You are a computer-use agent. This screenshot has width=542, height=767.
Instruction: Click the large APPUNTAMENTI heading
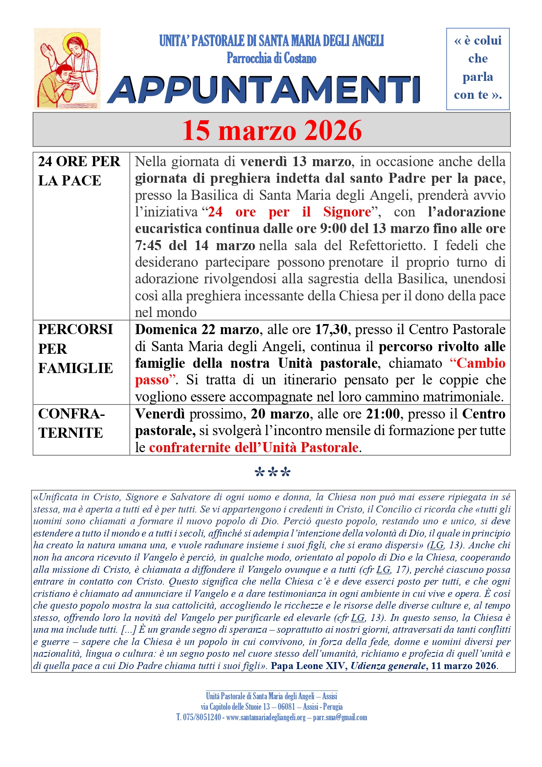pyautogui.click(x=265, y=90)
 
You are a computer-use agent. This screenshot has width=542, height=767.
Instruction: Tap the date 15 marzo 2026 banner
pyautogui.click(x=272, y=130)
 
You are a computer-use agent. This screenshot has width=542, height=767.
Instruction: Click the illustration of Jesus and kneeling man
pyautogui.click(x=67, y=69)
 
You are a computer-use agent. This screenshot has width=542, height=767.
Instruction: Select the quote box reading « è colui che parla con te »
pyautogui.click(x=477, y=68)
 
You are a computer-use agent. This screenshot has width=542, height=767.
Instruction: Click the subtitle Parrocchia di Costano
pyautogui.click(x=271, y=58)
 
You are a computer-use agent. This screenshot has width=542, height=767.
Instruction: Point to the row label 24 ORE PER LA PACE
pyautogui.click(x=79, y=171)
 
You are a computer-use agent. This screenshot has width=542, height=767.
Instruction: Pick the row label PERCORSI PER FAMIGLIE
pyautogui.click(x=76, y=349)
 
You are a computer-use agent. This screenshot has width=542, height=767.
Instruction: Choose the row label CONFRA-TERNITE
pyautogui.click(x=71, y=423)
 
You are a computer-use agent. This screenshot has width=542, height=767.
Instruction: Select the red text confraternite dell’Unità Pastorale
pyautogui.click(x=254, y=447)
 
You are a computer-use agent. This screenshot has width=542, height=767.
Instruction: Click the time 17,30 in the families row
pyautogui.click(x=331, y=329)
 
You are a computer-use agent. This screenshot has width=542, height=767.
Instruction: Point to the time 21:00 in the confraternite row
pyautogui.click(x=383, y=414)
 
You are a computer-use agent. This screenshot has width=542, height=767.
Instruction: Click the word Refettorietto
pyautogui.click(x=386, y=245)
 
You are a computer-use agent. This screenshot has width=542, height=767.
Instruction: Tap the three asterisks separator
pyautogui.click(x=272, y=473)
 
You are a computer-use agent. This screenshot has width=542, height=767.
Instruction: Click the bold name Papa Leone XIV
pyautogui.click(x=309, y=666)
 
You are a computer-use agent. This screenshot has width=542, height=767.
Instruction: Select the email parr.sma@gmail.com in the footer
pyautogui.click(x=340, y=717)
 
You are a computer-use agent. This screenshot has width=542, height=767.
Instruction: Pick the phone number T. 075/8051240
pyautogui.click(x=199, y=717)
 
